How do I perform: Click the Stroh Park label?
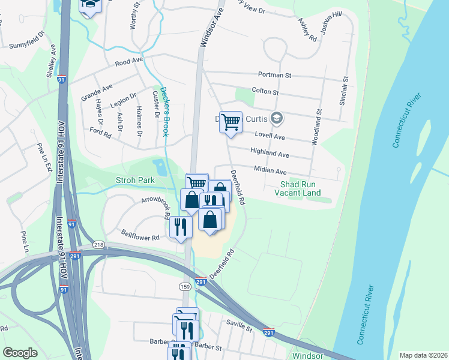point(136,180)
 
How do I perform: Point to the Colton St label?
point(266,92)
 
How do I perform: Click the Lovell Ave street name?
point(269,136)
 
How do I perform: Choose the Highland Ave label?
point(270,155)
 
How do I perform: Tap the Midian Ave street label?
point(269,171)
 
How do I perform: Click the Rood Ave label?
point(128,62)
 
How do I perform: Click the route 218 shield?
point(98,245)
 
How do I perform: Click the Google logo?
point(20,353)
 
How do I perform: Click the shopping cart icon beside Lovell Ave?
point(231,122)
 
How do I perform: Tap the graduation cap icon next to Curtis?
point(276,118)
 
